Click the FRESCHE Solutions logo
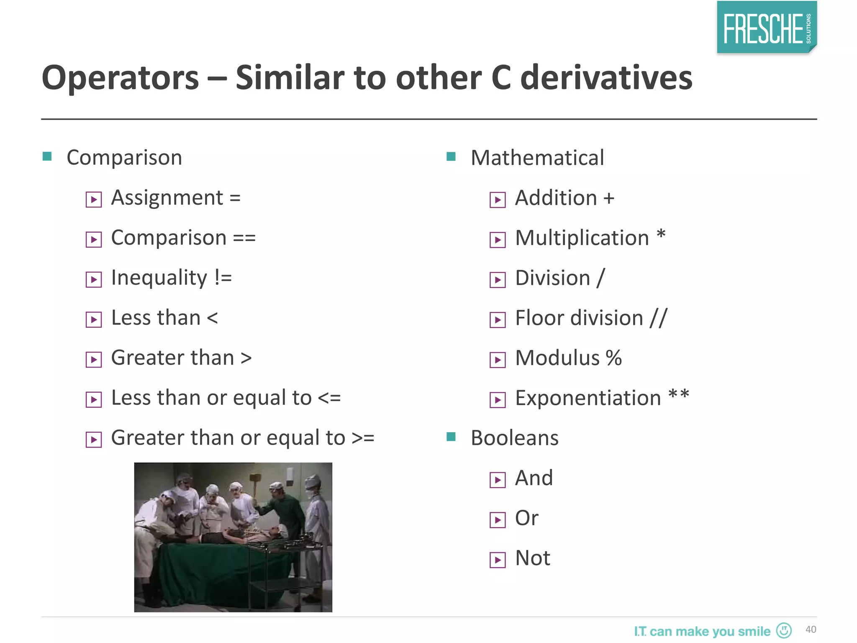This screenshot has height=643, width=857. click(x=767, y=28)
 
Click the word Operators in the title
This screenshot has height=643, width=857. click(x=121, y=78)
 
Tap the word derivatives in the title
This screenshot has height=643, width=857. click(x=606, y=78)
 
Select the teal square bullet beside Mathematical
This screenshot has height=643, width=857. click(x=451, y=157)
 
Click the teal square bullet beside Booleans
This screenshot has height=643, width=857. click(x=451, y=437)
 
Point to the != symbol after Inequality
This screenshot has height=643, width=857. click(x=223, y=278)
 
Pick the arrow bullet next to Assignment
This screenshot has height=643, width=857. click(x=93, y=200)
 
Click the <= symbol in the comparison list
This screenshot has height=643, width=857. click(x=329, y=398)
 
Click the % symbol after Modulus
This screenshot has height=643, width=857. click(x=613, y=358)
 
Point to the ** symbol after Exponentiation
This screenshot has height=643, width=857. click(x=678, y=395)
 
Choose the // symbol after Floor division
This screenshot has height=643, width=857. click(x=659, y=318)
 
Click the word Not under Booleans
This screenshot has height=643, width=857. click(x=532, y=558)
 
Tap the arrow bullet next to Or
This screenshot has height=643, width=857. click(x=498, y=520)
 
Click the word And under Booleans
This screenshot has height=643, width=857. click(x=534, y=478)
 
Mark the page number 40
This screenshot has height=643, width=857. click(x=811, y=630)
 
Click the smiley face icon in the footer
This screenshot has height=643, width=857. click(x=784, y=630)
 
